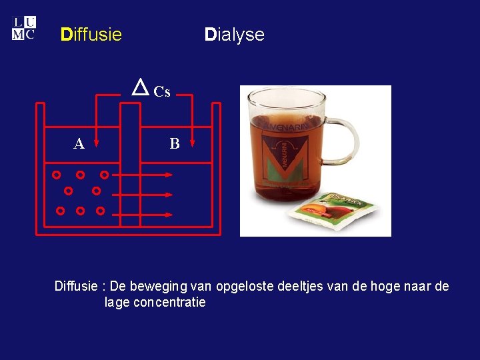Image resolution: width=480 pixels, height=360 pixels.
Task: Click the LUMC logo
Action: [x=23, y=29]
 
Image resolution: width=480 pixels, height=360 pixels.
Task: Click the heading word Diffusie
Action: [x=91, y=35]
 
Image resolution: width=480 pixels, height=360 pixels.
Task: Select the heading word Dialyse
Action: [x=234, y=35]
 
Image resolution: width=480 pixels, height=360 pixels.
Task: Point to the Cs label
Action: [x=162, y=92]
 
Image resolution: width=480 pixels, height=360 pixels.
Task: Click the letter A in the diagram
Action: [x=79, y=143]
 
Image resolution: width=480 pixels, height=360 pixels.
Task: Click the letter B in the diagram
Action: [x=174, y=143]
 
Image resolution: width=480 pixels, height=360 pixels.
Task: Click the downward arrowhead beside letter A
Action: [x=97, y=142]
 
